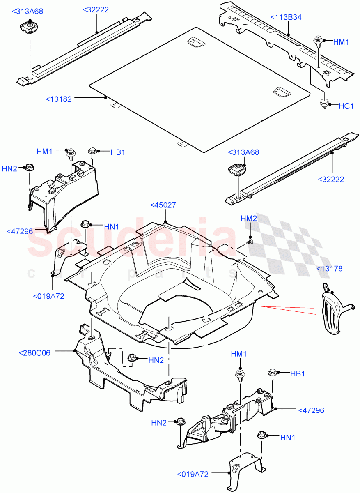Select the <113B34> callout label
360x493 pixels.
tap(286, 17)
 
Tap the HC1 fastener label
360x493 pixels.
tap(346, 106)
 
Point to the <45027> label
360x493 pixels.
tap(163, 205)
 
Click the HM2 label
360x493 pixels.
tap(249, 219)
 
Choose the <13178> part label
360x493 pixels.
tap(329, 269)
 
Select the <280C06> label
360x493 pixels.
tap(35, 352)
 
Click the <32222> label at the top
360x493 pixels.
tap(96, 9)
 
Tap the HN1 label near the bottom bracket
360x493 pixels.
tap(287, 438)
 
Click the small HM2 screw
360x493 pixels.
tap(249, 242)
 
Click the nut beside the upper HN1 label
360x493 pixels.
tap(85, 224)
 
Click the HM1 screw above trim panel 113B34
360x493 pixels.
tap(318, 41)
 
